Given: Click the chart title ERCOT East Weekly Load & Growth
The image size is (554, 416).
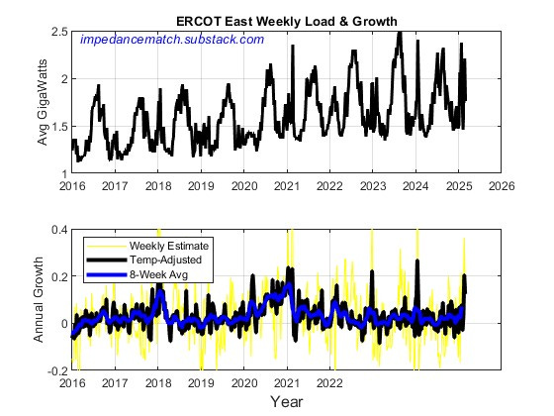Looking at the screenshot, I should coord(287,21).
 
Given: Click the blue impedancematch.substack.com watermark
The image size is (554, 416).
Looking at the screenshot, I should coord(171,40).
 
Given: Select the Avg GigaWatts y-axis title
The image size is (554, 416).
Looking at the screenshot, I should coord(43,103).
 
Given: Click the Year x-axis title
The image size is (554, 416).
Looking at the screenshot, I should coord(287,402).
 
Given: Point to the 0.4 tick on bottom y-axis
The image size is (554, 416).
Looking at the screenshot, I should coord(57,229).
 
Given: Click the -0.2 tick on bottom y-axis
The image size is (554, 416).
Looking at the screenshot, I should coord(55,370).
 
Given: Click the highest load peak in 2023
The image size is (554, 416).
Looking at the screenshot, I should coord(399,34).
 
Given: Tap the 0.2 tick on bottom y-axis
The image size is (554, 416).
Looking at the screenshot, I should coord(57,276).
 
